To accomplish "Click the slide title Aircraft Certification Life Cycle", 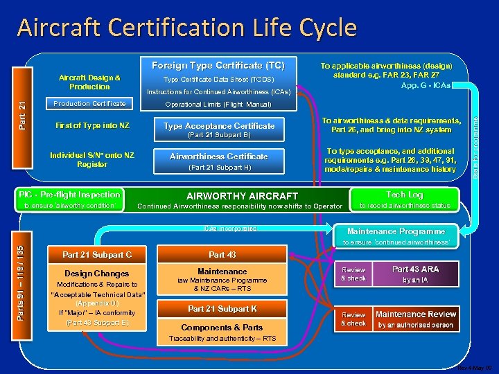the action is pos(187,28).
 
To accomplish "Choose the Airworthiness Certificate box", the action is pos(218,156).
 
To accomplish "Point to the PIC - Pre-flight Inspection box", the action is pos(69,195).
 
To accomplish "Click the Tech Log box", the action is pos(405,195).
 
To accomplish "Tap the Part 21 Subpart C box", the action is pos(97,254).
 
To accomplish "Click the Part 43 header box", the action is pos(222,254).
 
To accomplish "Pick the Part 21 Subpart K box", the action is pos(222,308).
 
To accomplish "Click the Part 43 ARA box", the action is pos(415,274).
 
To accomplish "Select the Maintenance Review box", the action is pos(415,318).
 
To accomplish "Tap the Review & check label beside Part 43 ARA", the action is pos(353,274).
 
